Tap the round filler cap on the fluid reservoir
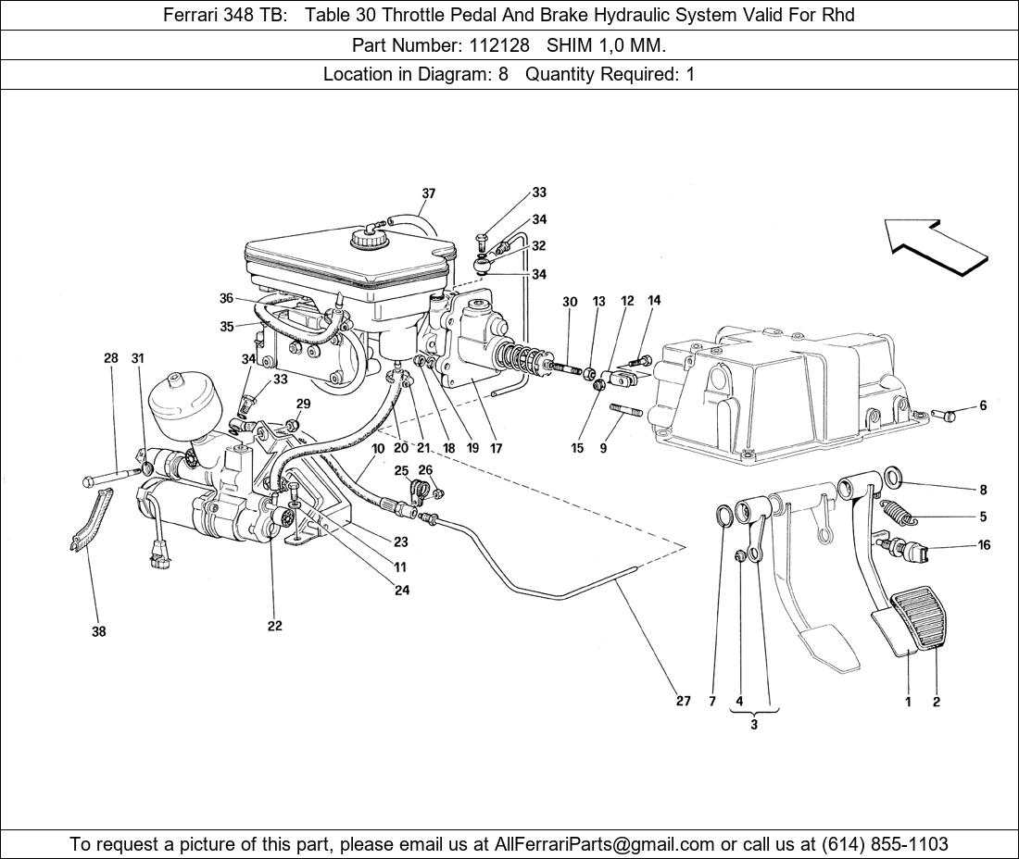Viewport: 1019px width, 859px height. tap(368, 239)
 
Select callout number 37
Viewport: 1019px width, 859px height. tap(429, 194)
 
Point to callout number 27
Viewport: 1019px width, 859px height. tap(683, 702)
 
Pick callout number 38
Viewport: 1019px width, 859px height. tap(98, 632)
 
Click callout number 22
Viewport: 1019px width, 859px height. tap(275, 626)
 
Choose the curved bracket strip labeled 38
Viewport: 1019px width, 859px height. tap(91, 523)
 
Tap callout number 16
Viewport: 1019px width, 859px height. tap(984, 545)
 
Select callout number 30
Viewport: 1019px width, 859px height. tap(570, 303)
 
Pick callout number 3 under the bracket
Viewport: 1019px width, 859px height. tap(754, 725)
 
